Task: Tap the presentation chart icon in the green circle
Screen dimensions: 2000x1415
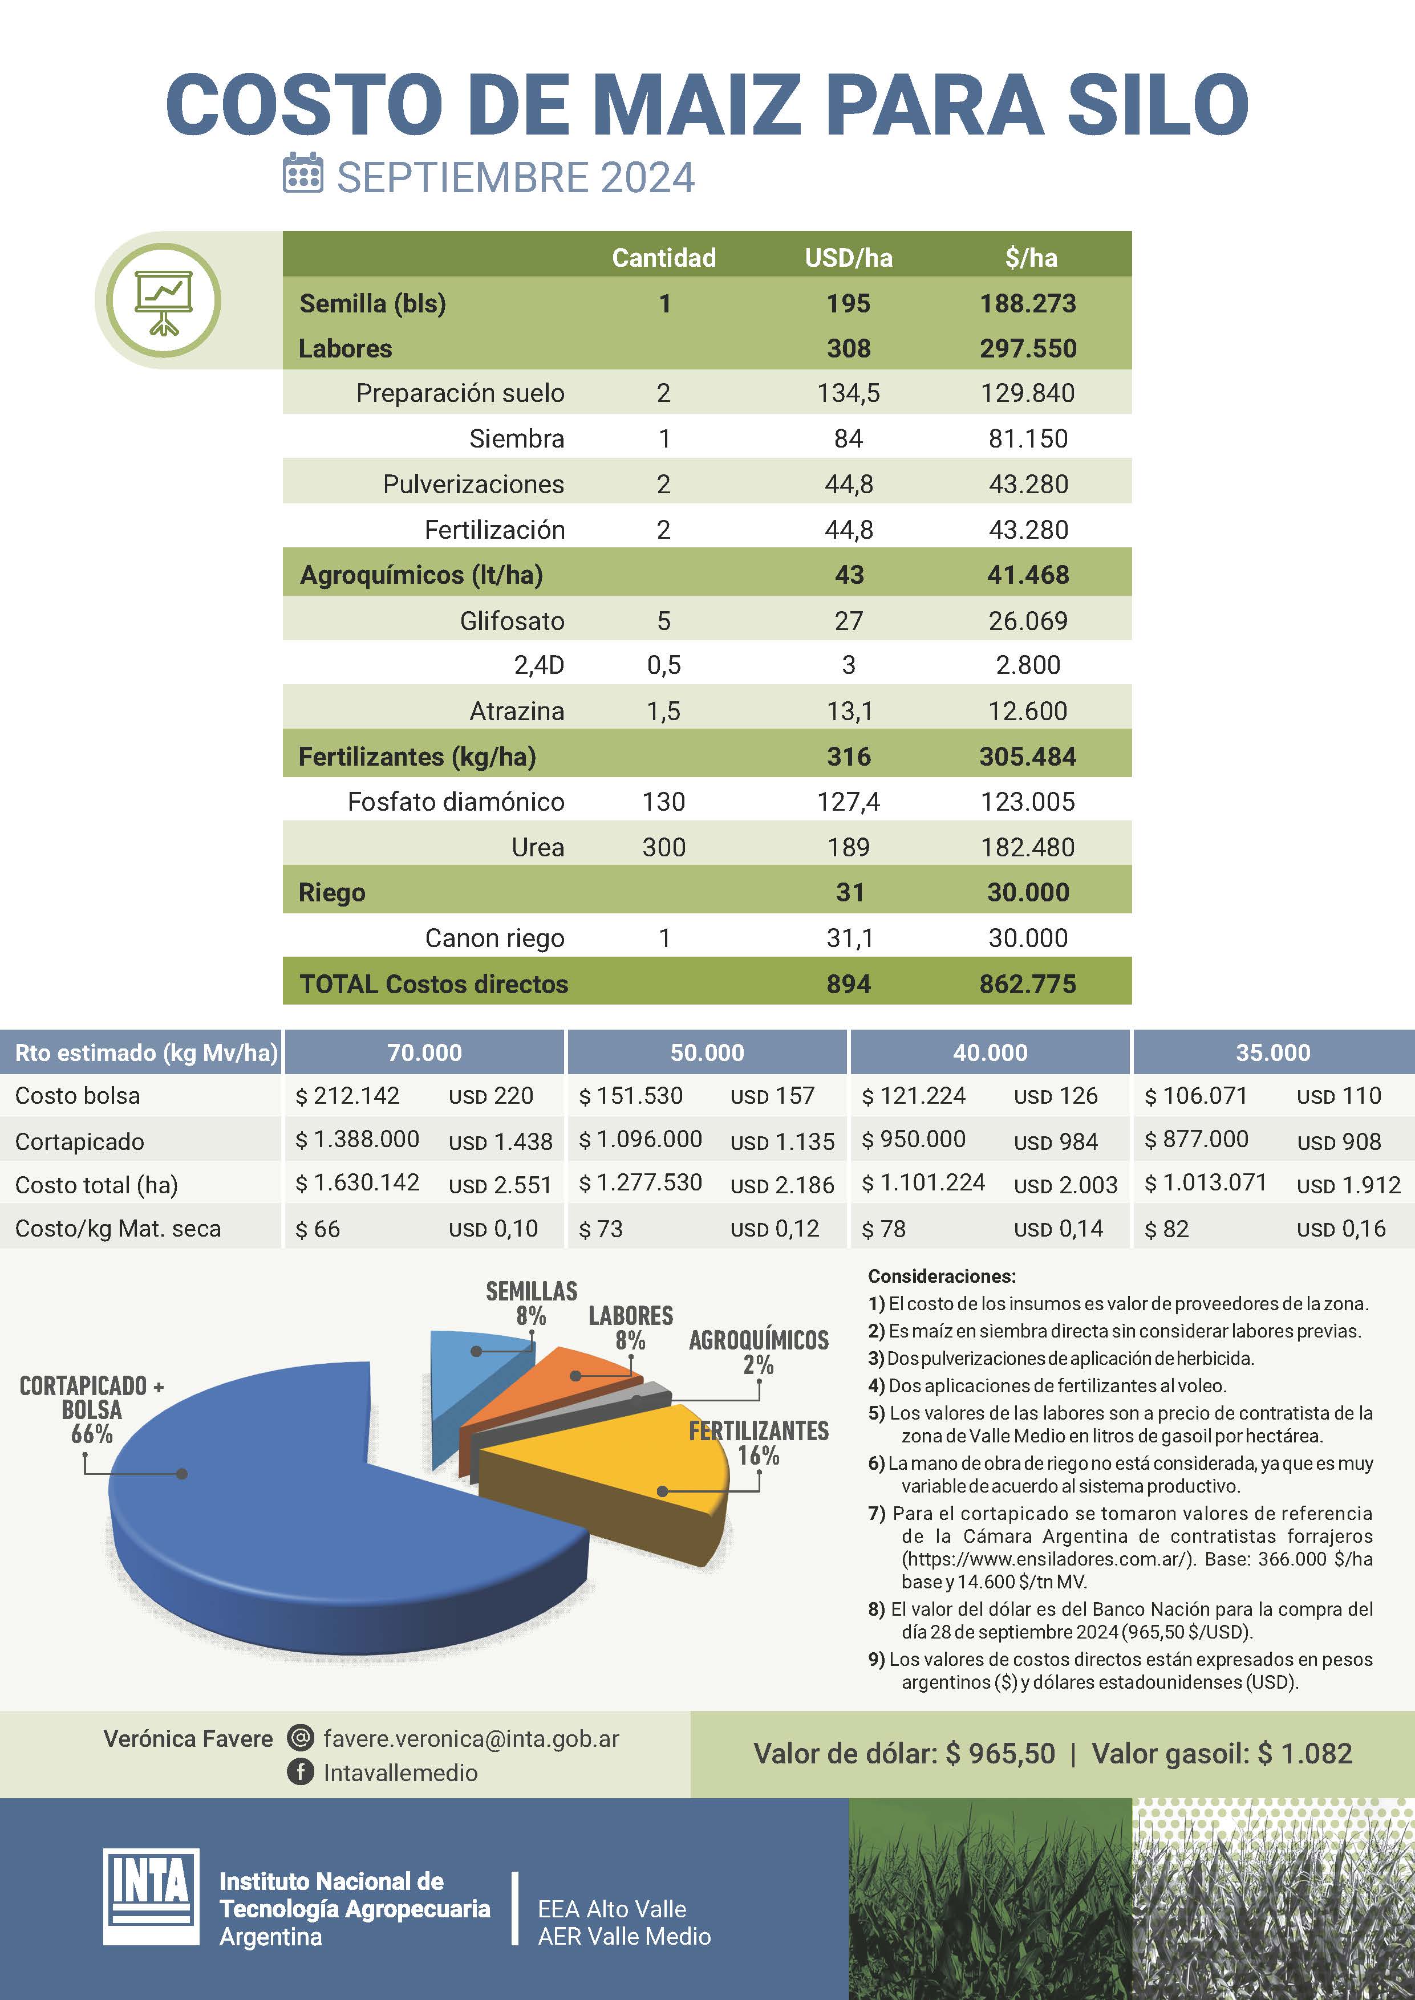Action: click(x=163, y=300)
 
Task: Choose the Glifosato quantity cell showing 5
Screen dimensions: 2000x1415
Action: click(x=663, y=620)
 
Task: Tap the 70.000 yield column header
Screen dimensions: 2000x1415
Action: click(x=424, y=1052)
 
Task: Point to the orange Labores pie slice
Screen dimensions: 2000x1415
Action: click(x=558, y=1376)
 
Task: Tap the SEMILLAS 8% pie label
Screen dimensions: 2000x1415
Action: click(x=532, y=1302)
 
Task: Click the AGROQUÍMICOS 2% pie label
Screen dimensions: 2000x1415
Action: click(x=758, y=1351)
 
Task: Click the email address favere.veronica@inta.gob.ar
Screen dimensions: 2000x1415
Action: click(x=471, y=1739)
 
